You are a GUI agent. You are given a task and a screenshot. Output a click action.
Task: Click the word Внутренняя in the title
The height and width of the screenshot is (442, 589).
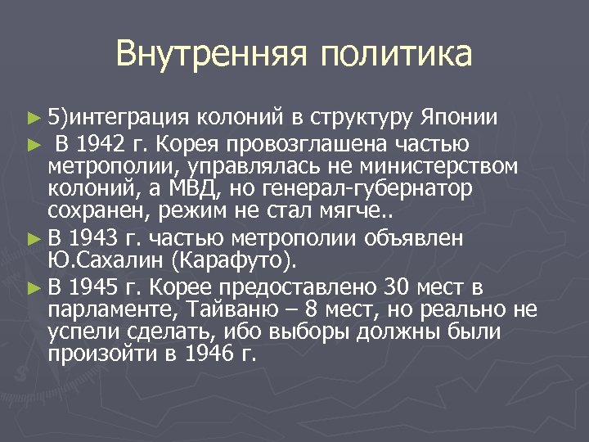[210, 55]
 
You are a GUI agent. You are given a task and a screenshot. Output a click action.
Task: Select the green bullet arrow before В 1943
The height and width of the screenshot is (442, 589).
[33, 240]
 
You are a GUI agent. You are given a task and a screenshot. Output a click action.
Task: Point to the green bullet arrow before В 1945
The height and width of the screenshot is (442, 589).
[33, 288]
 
